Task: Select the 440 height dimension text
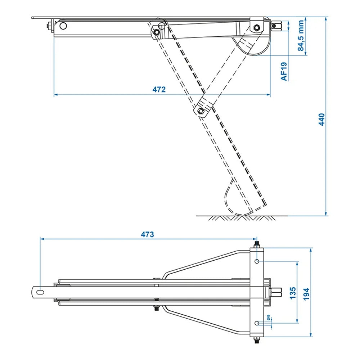point(322,119)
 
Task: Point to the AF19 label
point(284,71)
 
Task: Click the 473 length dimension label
point(147,234)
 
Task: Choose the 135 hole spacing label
point(292,293)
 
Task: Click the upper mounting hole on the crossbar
point(257,261)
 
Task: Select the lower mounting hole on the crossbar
point(257,323)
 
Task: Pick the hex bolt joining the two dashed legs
point(201,111)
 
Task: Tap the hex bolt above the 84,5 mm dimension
point(257,27)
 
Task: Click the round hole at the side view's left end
point(63,26)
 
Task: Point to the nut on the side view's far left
point(49,26)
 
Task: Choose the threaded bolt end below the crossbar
point(257,339)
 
